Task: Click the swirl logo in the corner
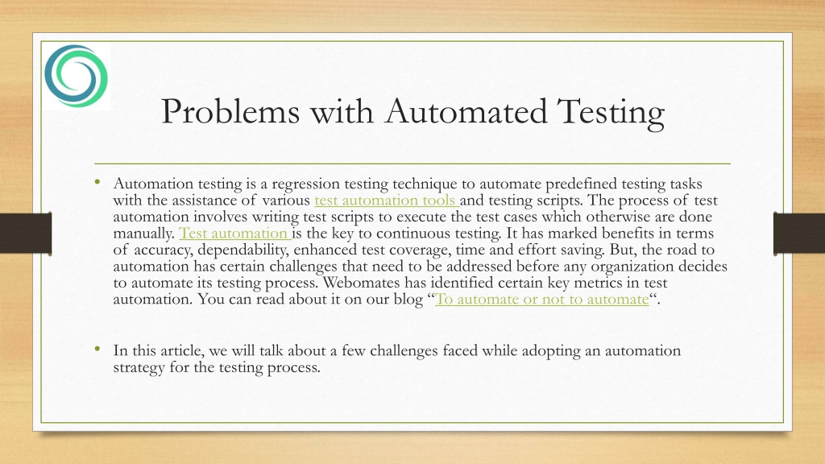(x=77, y=77)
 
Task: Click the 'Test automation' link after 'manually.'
(x=234, y=234)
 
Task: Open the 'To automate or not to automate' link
(x=541, y=300)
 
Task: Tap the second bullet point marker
(x=97, y=349)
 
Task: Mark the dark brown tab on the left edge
(x=25, y=233)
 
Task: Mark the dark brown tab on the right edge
(x=798, y=233)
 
